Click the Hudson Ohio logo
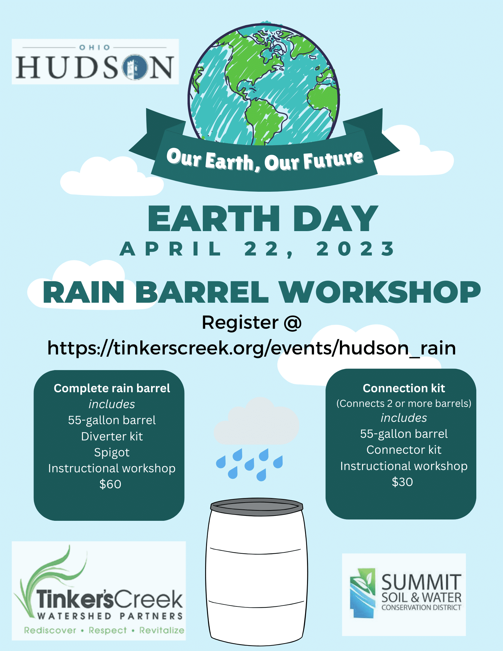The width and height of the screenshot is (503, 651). coord(95,62)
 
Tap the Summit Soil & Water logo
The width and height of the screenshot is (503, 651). coord(404,594)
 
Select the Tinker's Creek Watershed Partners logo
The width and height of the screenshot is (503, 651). coord(99,591)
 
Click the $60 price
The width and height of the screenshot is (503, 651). coord(110,484)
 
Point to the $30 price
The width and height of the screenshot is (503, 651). coord(402,482)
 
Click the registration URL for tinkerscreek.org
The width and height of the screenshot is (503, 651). coord(251,348)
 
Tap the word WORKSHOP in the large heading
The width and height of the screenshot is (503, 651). coord(380,292)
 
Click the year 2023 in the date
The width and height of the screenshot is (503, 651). coord(356,249)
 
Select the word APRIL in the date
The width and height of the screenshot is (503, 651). coord(171,249)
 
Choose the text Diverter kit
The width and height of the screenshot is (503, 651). coord(112,436)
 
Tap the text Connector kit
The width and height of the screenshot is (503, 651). coord(404,450)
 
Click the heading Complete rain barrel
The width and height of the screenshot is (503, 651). coord(112,389)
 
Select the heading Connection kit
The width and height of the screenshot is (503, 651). coord(404,388)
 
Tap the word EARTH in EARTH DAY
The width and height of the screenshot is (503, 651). coord(214,218)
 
